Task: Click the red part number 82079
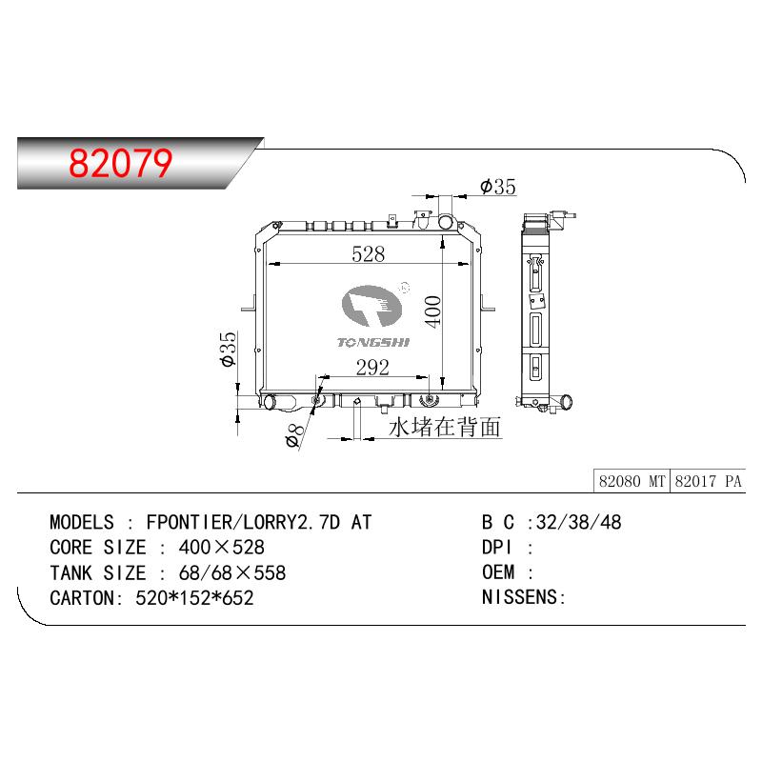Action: pyautogui.click(x=121, y=163)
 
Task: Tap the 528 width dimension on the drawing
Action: pyautogui.click(x=368, y=253)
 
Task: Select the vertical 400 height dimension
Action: pyautogui.click(x=432, y=311)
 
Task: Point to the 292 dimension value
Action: pyautogui.click(x=372, y=368)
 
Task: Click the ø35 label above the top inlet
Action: pyautogui.click(x=497, y=186)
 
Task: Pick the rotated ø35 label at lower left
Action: pyautogui.click(x=228, y=349)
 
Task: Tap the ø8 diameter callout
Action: pyautogui.click(x=294, y=435)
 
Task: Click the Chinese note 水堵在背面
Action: pyautogui.click(x=445, y=427)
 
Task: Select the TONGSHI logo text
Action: pyautogui.click(x=373, y=343)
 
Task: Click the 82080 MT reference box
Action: pyautogui.click(x=632, y=481)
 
